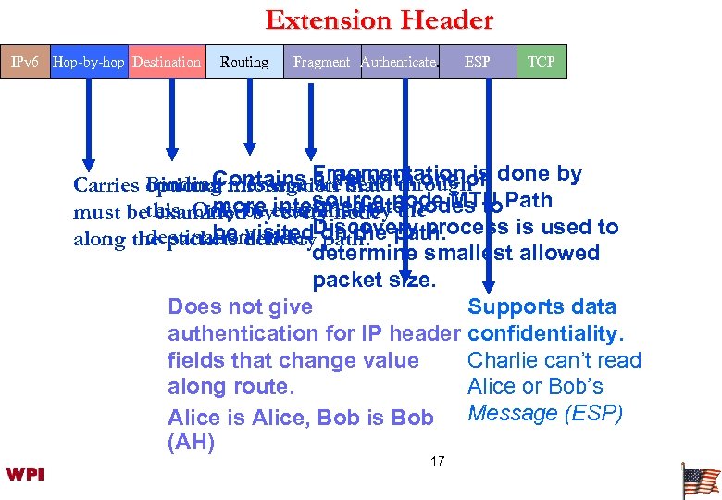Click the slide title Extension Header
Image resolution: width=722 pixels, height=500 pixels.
point(379,19)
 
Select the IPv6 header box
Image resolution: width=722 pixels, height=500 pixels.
point(23,62)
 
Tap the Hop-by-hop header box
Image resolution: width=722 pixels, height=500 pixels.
point(88,62)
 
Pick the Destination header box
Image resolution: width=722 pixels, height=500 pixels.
point(167,62)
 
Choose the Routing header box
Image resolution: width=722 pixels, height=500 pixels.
point(244,62)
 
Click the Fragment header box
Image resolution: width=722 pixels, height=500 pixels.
point(321,62)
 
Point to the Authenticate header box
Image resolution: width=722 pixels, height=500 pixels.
point(398,62)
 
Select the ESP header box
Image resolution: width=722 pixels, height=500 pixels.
point(478,62)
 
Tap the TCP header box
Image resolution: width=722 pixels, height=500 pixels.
point(541,62)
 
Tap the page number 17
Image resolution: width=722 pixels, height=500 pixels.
point(438,460)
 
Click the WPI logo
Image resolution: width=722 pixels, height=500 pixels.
point(25,474)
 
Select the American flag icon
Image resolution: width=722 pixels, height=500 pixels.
point(701,481)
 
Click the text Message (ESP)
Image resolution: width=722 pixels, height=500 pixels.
point(545,413)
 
